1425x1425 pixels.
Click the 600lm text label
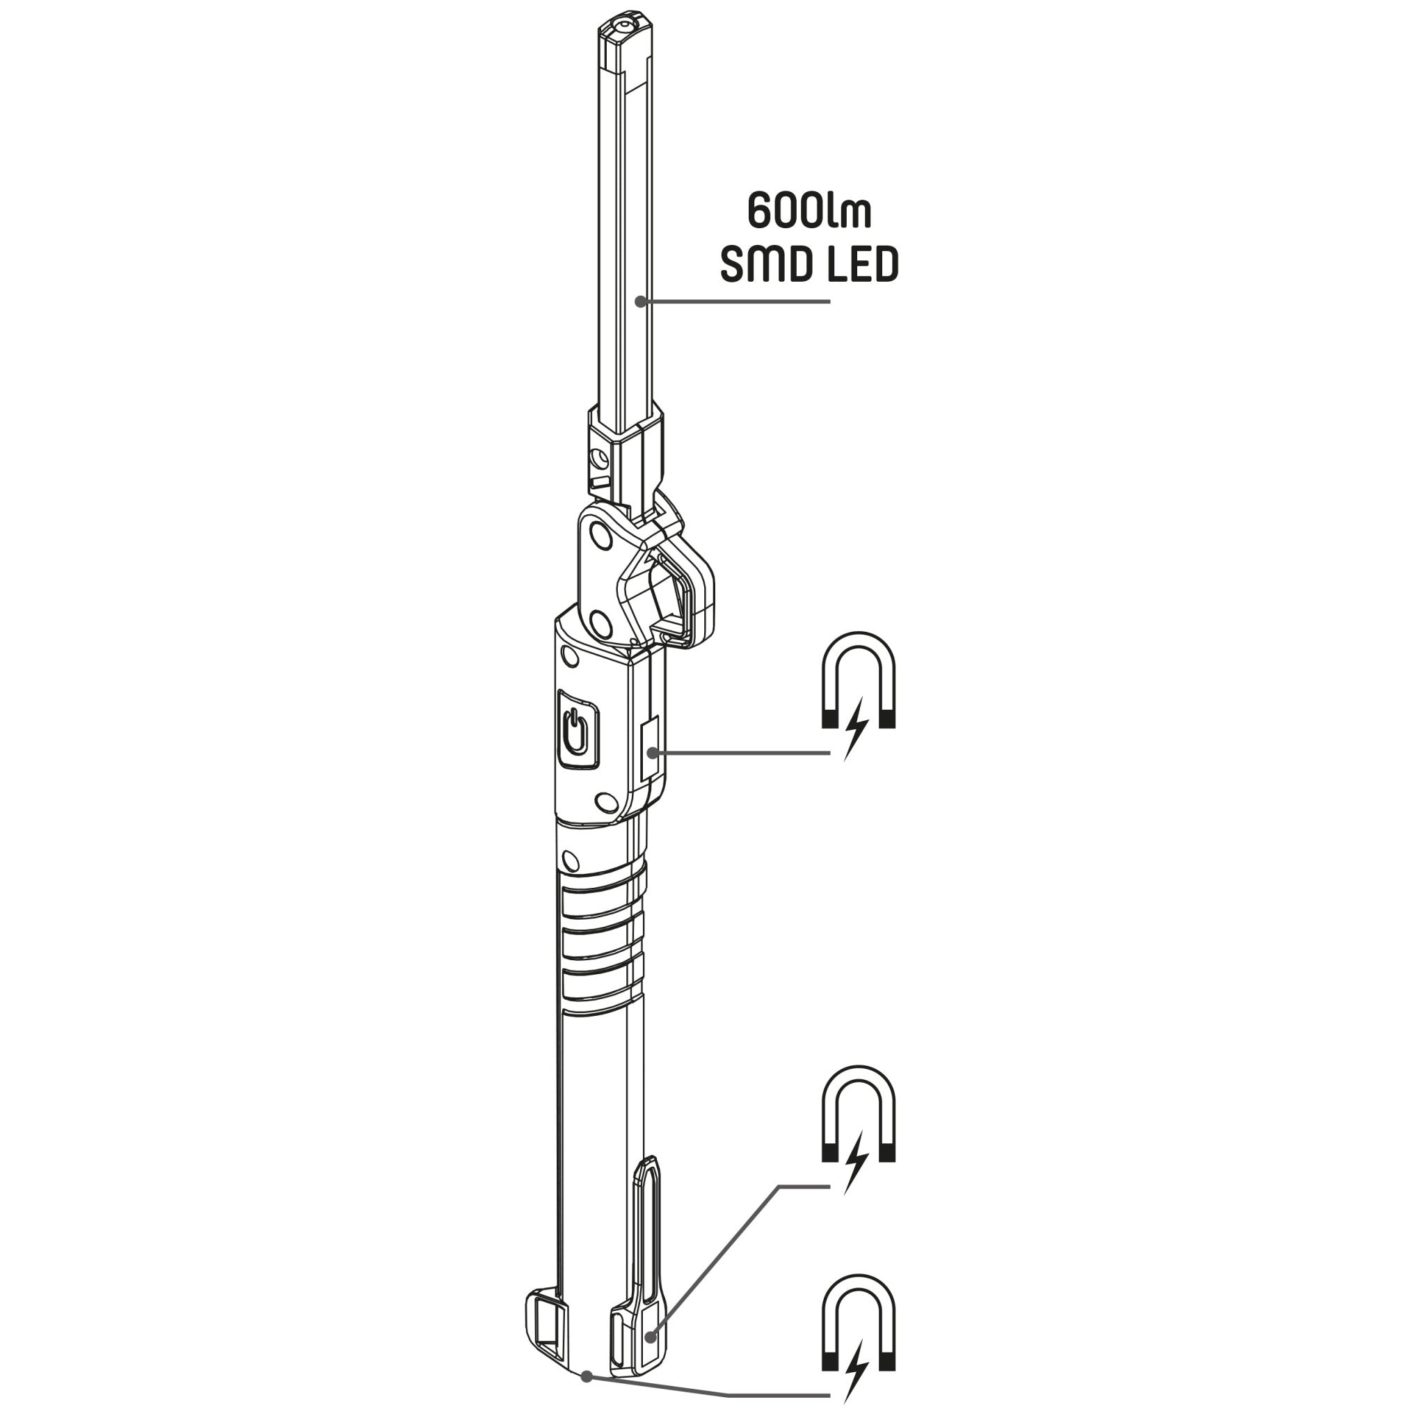(x=809, y=212)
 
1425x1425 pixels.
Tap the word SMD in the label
(x=761, y=266)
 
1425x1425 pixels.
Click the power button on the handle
(x=579, y=728)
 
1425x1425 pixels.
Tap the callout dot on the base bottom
(x=587, y=1376)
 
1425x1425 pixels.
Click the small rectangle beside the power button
(x=650, y=751)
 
